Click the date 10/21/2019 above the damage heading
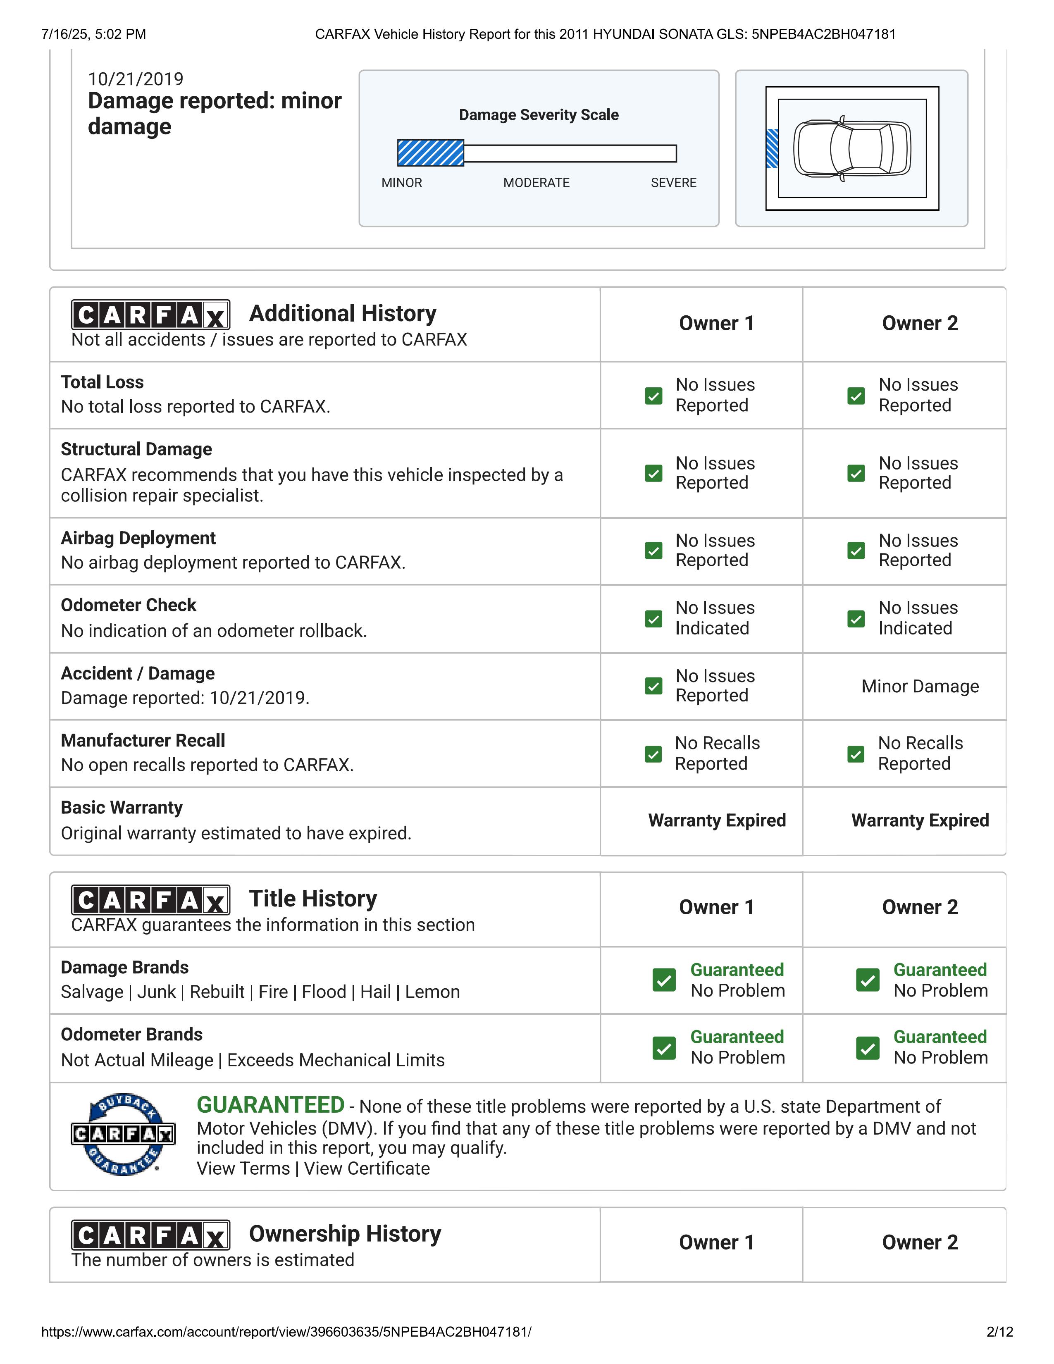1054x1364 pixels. [x=136, y=79]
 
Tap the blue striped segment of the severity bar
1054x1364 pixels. [x=430, y=153]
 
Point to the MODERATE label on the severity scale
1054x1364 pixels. [x=537, y=182]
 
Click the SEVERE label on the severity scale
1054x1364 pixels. [x=673, y=182]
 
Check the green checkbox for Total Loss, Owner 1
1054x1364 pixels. [x=653, y=396]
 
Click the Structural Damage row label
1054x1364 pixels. [x=136, y=449]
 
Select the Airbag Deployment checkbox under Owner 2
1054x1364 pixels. [x=856, y=551]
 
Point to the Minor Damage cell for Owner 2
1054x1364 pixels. [x=920, y=687]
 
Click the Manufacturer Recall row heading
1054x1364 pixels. [x=143, y=740]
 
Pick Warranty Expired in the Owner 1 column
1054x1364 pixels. [x=717, y=820]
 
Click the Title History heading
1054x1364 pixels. [x=313, y=898]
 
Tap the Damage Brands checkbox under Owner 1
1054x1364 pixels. [x=664, y=980]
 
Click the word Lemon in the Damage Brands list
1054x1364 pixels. [x=432, y=992]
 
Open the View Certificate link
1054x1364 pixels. [x=367, y=1168]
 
